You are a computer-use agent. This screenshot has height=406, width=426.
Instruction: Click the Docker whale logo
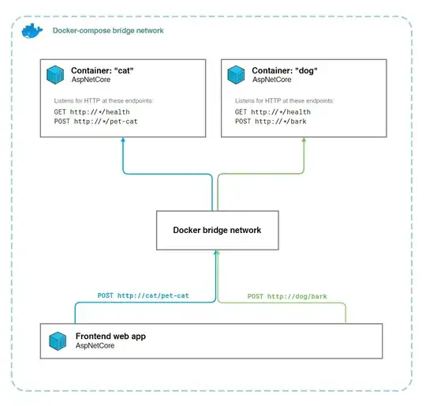tap(32, 31)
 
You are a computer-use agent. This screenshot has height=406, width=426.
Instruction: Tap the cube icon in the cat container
tap(55, 74)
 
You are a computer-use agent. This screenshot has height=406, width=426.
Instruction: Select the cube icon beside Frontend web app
tap(58, 341)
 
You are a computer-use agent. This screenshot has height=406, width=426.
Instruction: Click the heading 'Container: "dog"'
tap(286, 70)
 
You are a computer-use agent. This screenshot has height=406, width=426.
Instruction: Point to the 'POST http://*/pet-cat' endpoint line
tap(88, 122)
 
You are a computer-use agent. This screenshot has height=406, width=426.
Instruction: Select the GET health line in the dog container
tap(267, 112)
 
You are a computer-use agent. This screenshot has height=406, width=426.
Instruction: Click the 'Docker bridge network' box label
tap(217, 230)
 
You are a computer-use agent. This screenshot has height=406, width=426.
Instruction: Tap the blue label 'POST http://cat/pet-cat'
tap(144, 295)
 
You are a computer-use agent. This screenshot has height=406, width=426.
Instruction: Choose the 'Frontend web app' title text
tap(110, 336)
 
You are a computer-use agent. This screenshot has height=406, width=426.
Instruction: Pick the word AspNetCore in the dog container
tap(273, 79)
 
